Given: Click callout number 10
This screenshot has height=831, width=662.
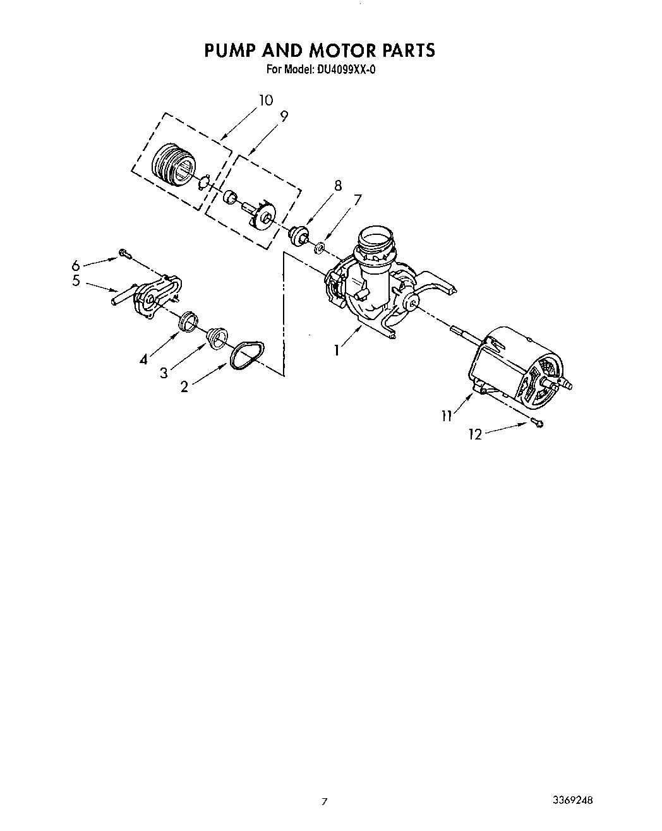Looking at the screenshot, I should (x=265, y=100).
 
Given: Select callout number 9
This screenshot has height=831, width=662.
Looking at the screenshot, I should (x=284, y=116).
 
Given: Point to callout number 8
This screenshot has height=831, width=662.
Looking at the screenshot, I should (x=338, y=186).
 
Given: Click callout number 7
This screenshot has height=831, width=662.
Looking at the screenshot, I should (x=358, y=199).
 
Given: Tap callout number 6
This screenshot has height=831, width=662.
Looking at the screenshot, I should (x=76, y=265).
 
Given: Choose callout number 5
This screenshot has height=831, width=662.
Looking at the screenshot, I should (x=76, y=281).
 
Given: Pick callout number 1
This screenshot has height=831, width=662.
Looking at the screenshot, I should (x=337, y=350).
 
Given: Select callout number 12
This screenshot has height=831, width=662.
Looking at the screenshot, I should (x=475, y=434).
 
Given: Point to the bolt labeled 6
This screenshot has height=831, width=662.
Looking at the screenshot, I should (x=124, y=254).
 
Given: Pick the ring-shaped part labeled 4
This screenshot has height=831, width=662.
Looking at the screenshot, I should (x=187, y=320).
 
